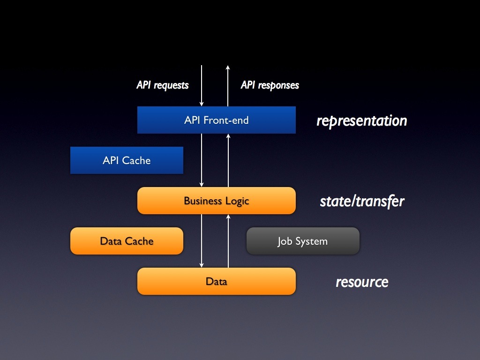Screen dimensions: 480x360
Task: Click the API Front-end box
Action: point(217,120)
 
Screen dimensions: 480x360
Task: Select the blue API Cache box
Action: point(127,160)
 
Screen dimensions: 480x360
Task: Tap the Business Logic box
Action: point(217,201)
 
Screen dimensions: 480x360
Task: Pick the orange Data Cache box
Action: point(127,241)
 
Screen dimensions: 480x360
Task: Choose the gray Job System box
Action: point(303,241)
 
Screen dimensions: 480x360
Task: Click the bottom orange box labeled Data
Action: point(217,281)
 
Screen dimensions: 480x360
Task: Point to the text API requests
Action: point(163,85)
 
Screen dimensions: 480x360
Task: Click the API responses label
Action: point(270,85)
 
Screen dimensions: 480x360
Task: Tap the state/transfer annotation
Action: point(362,202)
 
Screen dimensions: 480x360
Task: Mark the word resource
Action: point(362,282)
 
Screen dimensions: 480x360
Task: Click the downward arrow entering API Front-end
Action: point(202,86)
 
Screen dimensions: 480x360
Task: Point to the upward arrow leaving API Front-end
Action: point(228,86)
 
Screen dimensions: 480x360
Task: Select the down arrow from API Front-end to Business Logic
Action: point(202,160)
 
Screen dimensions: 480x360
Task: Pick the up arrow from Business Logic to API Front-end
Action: point(228,160)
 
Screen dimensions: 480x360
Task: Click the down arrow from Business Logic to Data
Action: point(202,240)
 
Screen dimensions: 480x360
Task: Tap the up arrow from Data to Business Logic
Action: point(228,241)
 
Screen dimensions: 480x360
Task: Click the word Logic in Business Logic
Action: point(237,202)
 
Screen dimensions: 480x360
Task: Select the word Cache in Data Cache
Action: point(139,241)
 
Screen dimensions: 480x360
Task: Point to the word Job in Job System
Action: point(285,241)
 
